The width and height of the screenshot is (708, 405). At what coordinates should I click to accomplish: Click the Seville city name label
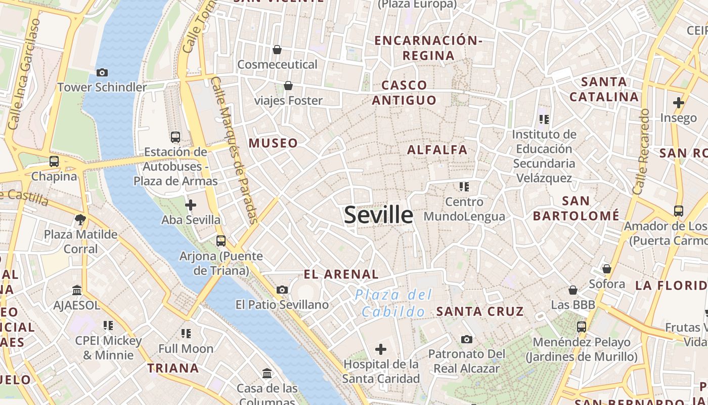click(x=378, y=215)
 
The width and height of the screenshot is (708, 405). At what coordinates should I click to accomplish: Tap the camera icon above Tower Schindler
click(x=102, y=73)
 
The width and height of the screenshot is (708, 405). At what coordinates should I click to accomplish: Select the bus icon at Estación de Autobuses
click(x=175, y=137)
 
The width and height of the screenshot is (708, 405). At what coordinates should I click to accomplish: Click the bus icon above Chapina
click(x=54, y=161)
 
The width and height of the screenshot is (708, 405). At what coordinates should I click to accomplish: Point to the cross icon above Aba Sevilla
click(x=191, y=205)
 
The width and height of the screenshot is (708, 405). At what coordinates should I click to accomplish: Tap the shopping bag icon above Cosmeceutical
click(x=277, y=50)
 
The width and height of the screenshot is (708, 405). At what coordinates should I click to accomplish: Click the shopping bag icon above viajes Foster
click(x=288, y=86)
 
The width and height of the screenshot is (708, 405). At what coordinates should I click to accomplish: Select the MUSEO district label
click(x=273, y=143)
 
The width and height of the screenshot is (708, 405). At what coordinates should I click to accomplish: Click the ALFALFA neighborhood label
click(x=437, y=150)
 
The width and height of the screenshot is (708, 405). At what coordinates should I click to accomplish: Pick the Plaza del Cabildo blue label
click(x=393, y=303)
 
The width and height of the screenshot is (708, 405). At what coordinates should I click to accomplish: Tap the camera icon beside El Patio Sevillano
click(x=282, y=290)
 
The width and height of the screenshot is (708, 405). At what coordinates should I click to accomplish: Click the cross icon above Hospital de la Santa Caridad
click(x=381, y=349)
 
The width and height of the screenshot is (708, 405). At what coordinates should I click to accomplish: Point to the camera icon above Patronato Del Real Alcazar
click(x=467, y=339)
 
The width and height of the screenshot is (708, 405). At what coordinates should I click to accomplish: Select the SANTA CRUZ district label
click(x=480, y=311)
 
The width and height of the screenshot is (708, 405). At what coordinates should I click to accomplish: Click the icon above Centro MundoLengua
click(x=464, y=187)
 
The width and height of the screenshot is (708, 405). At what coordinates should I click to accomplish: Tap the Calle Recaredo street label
click(x=640, y=152)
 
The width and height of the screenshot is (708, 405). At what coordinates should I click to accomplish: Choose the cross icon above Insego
click(x=678, y=103)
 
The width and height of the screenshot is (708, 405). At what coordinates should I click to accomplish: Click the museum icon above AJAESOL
click(x=77, y=291)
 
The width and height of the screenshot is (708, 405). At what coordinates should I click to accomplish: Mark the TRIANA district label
click(x=173, y=368)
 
